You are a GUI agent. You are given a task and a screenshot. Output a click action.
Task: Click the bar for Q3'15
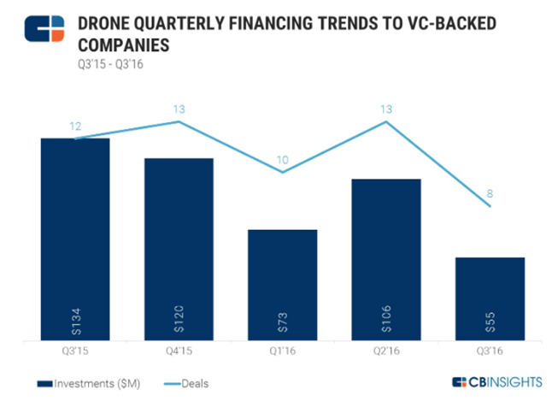(x=74, y=239)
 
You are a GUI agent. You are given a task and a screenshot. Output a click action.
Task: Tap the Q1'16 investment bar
(x=282, y=286)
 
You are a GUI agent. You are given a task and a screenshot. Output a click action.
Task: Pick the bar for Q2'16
(x=386, y=260)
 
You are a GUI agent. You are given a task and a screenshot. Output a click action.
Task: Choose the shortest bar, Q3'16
(x=490, y=299)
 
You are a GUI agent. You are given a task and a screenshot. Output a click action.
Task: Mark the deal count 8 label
(x=490, y=193)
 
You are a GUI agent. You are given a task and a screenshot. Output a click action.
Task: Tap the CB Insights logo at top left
(x=43, y=27)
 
